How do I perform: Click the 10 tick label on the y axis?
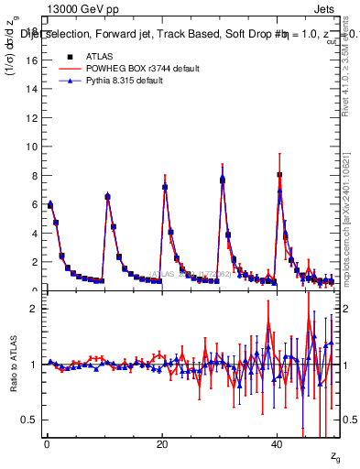pos(30,147)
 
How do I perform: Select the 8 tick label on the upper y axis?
pos(33,175)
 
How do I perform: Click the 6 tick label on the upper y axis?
pos(33,204)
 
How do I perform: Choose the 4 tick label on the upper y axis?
pos(33,233)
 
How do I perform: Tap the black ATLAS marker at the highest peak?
pos(279,174)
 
